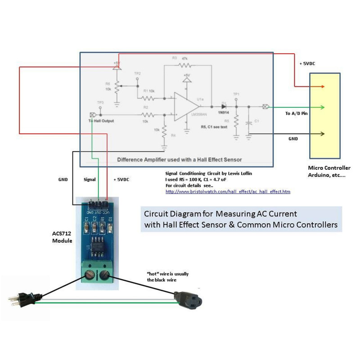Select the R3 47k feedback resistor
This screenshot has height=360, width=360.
click(x=185, y=66)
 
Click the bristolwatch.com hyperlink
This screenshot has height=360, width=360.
click(x=228, y=192)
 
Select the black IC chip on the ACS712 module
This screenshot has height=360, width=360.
click(x=97, y=246)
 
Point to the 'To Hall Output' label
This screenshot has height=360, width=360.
click(x=101, y=121)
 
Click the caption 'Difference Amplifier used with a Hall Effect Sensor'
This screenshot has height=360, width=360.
click(x=180, y=159)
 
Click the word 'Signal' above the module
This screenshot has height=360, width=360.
click(x=90, y=180)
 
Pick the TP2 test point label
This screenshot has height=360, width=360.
click(x=137, y=73)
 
